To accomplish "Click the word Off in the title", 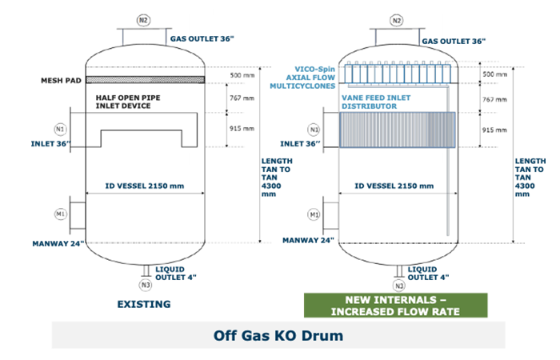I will pyautogui.click(x=227, y=336).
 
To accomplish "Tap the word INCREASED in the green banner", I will pyautogui.click(x=371, y=311).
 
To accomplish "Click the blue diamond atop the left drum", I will pyautogui.click(x=121, y=37).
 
